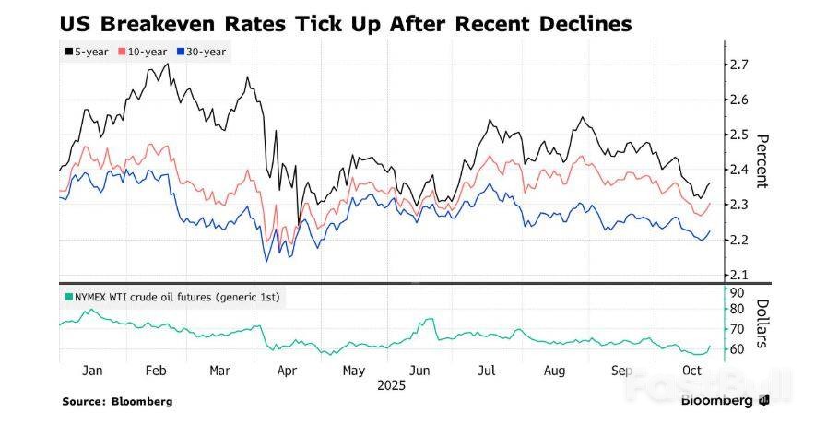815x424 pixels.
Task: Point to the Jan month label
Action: (x=91, y=370)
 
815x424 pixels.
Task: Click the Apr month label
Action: (x=288, y=370)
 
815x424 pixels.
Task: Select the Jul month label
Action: (x=486, y=370)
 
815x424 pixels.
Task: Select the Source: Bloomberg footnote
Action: (x=117, y=402)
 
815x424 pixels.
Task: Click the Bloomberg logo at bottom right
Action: (x=725, y=401)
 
